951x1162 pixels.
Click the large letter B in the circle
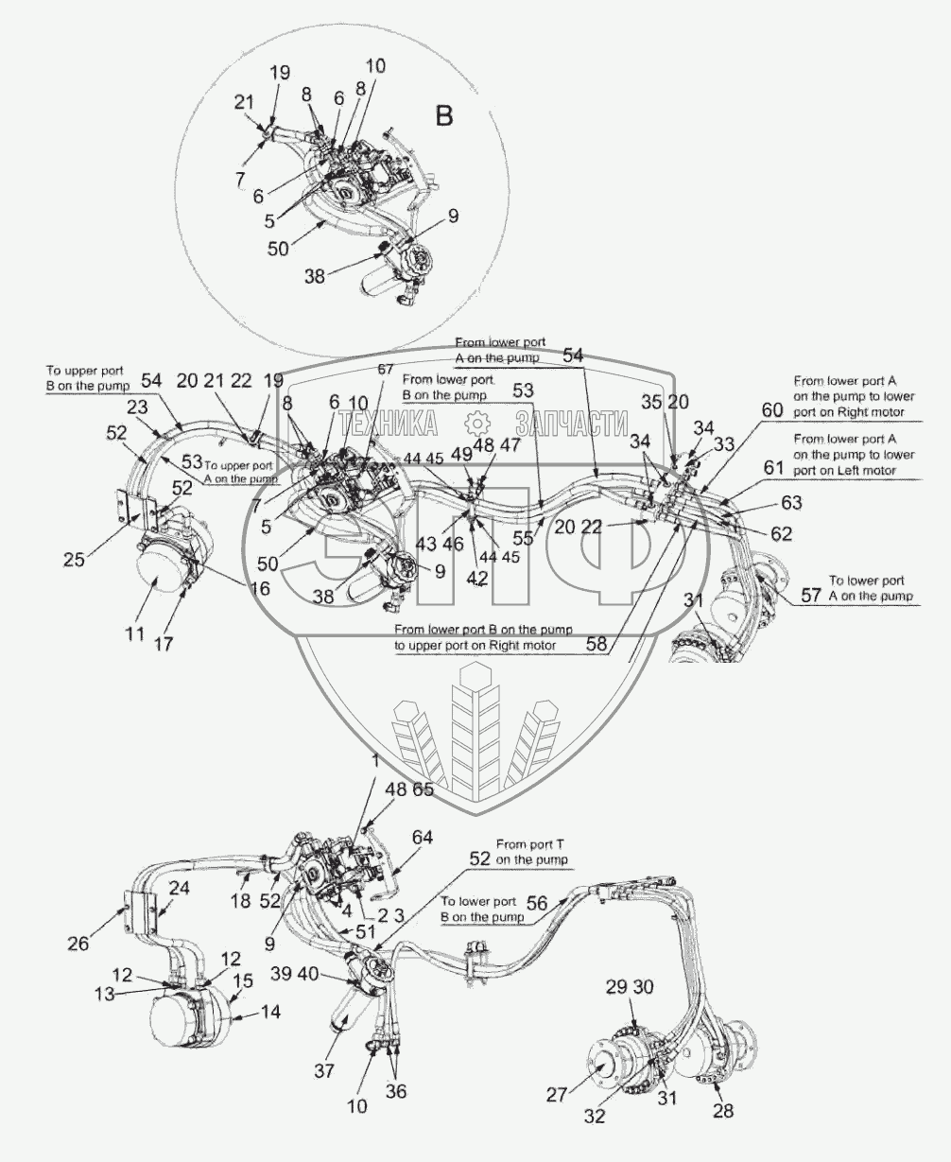tap(443, 116)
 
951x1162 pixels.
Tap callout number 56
tap(536, 903)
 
